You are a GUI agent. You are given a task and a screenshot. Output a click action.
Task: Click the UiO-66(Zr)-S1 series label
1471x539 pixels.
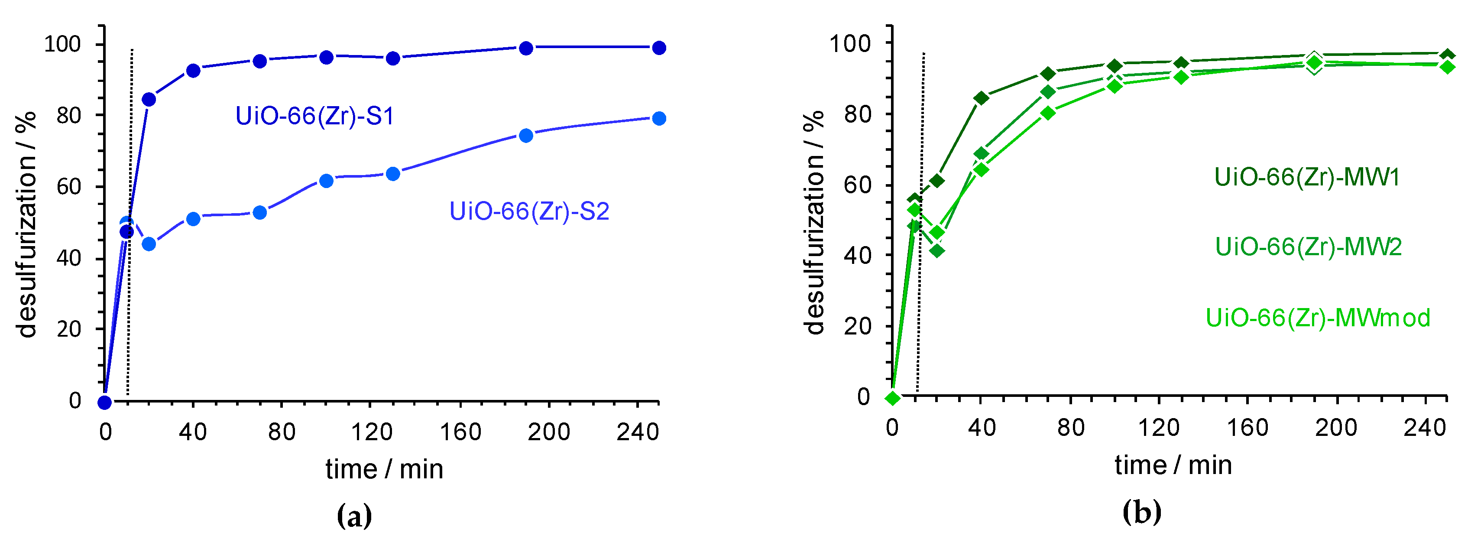click(x=314, y=117)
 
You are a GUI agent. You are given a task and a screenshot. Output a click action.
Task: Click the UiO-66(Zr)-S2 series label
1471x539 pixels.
click(x=529, y=212)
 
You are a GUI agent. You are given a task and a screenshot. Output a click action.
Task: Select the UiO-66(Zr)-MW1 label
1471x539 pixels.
click(x=1306, y=178)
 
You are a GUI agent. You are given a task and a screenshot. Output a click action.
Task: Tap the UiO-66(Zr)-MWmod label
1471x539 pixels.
click(x=1317, y=318)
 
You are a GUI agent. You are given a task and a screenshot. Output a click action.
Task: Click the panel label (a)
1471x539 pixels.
click(x=354, y=516)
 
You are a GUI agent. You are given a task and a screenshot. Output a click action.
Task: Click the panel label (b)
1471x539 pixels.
click(x=1141, y=512)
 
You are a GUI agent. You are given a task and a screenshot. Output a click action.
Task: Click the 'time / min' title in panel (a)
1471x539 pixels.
click(x=384, y=469)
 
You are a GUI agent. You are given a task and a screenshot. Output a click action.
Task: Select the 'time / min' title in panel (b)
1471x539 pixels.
click(x=1173, y=465)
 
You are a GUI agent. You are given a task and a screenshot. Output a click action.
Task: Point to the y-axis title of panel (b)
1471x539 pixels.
click(x=814, y=223)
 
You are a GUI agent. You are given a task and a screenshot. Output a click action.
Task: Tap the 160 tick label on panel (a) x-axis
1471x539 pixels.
click(x=460, y=432)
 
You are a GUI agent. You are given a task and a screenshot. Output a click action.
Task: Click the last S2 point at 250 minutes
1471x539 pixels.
click(x=659, y=119)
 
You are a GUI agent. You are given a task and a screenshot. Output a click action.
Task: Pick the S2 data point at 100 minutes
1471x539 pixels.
click(x=326, y=181)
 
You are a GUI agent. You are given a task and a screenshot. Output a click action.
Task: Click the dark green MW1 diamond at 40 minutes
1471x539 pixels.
click(x=981, y=98)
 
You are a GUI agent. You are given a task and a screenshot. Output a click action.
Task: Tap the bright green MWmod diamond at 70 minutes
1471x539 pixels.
click(x=1048, y=113)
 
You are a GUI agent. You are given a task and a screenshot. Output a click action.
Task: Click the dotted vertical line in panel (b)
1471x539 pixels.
click(x=920, y=228)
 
